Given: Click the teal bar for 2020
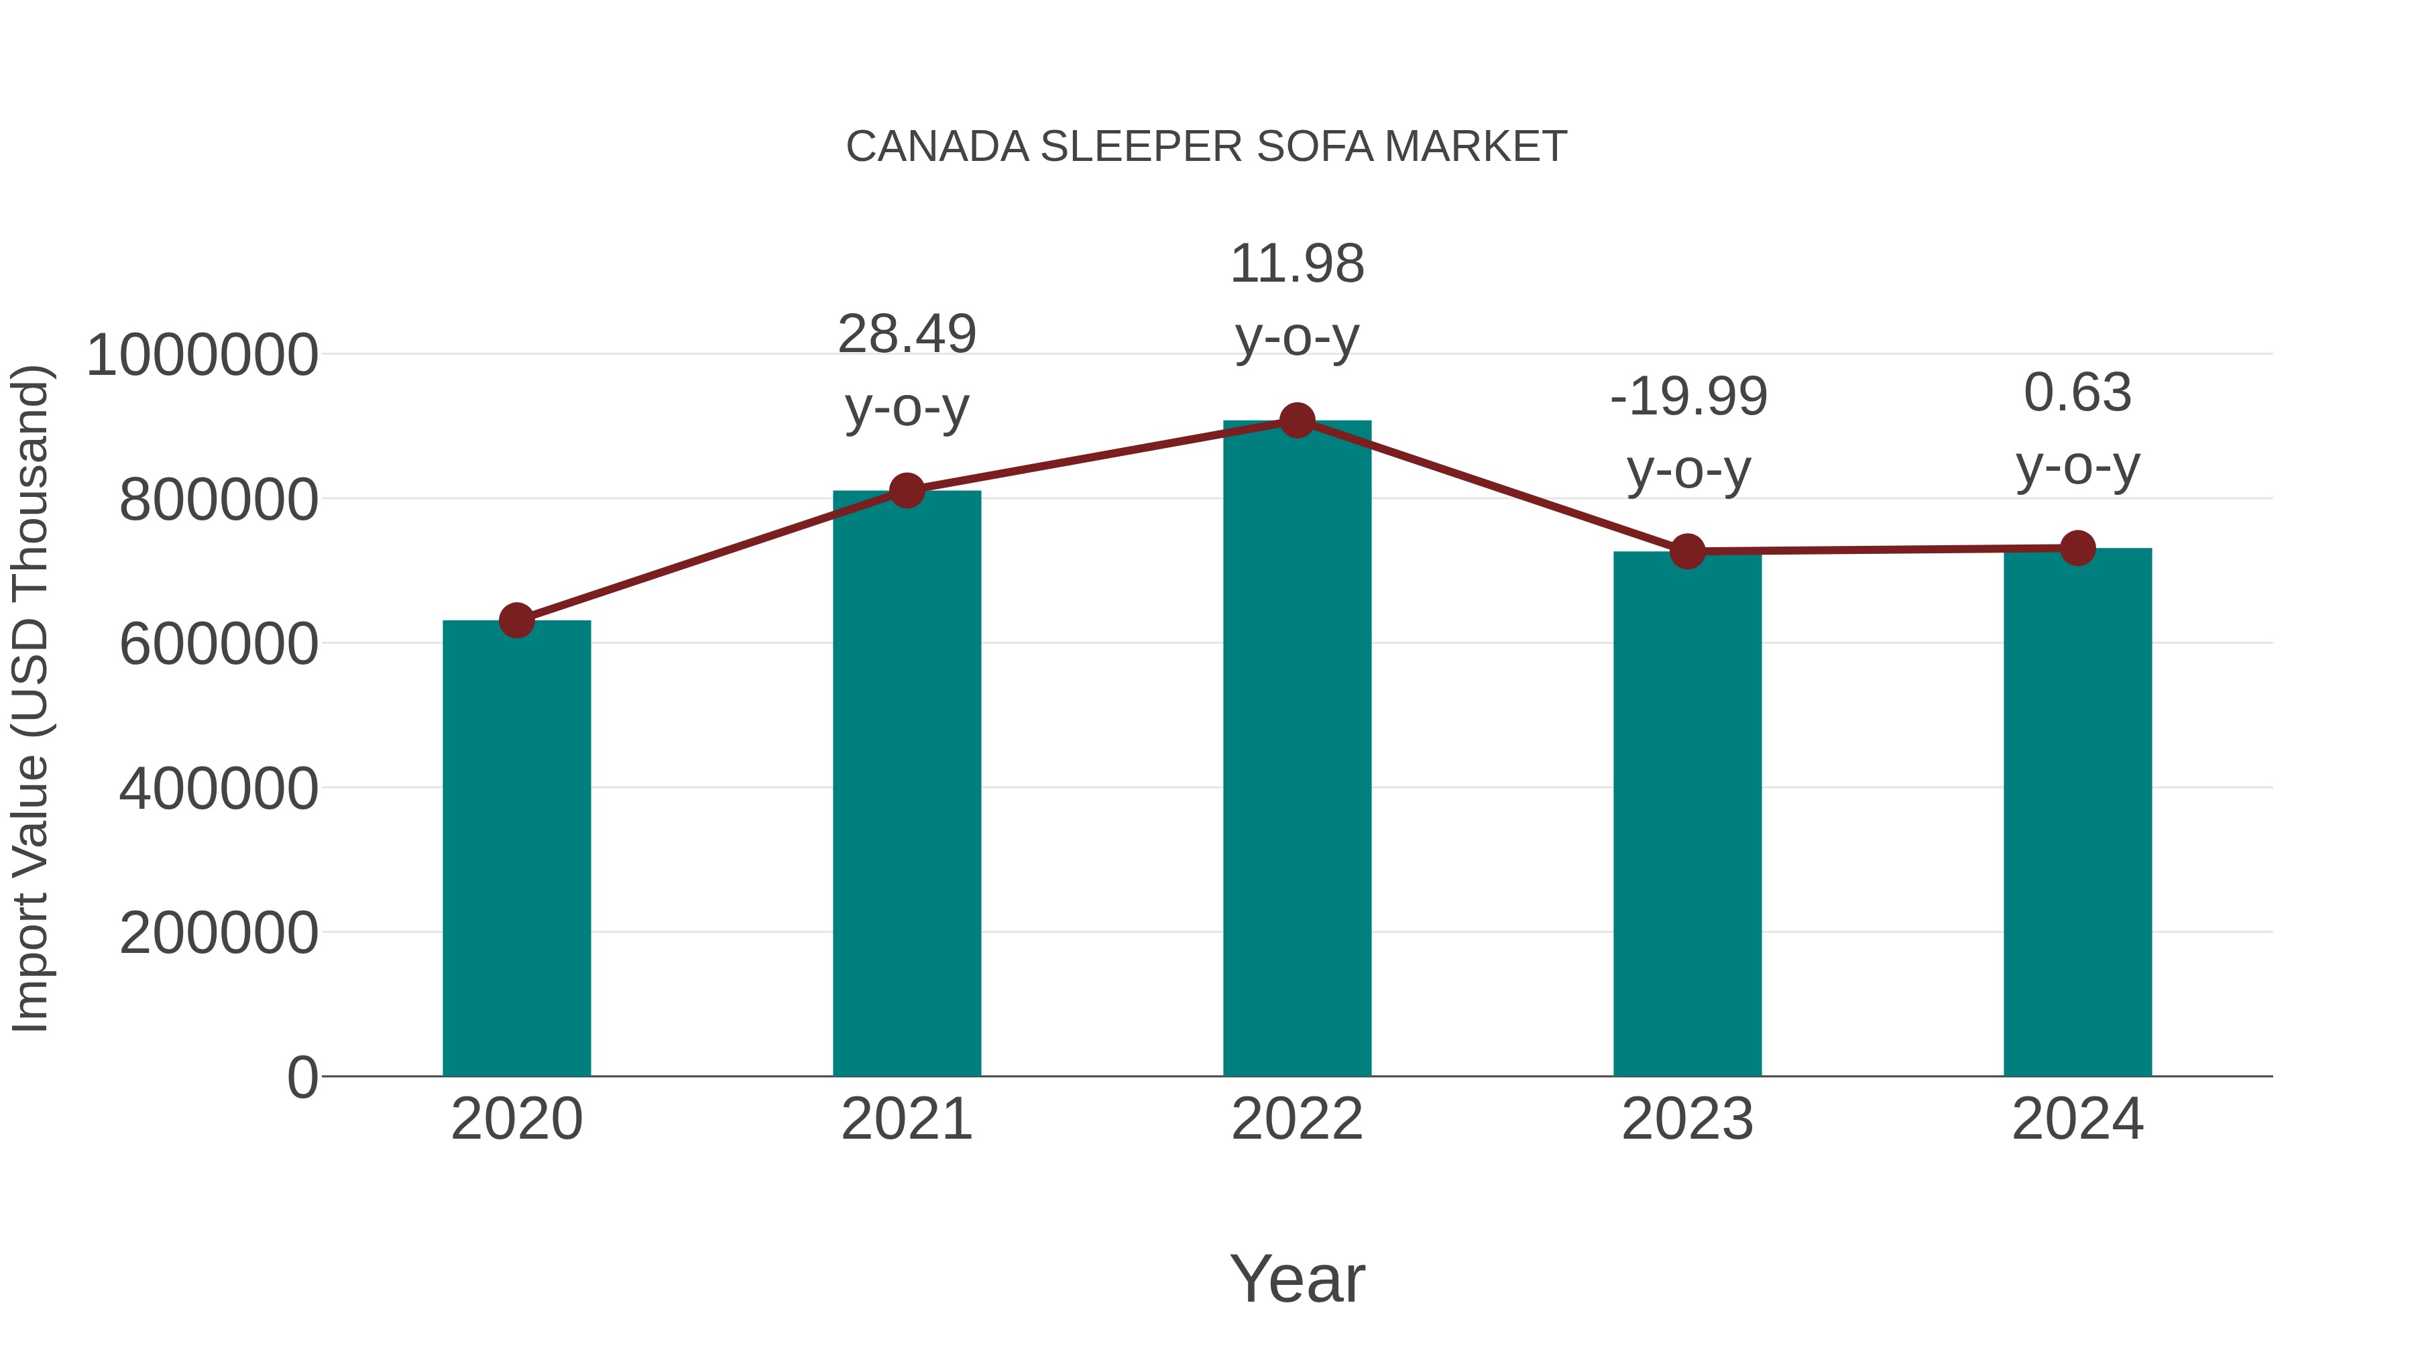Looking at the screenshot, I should pyautogui.click(x=516, y=848).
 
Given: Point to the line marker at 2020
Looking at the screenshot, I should pyautogui.click(x=516, y=620).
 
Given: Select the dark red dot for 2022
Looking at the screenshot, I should pyautogui.click(x=1297, y=420).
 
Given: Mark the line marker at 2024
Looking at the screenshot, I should pyautogui.click(x=2077, y=549).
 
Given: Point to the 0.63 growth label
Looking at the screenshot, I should pyautogui.click(x=2077, y=429).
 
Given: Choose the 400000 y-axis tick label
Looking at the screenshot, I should pyautogui.click(x=219, y=789).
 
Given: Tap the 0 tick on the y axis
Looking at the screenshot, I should pyautogui.click(x=302, y=1078).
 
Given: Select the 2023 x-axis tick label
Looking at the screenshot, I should pyautogui.click(x=1687, y=1120).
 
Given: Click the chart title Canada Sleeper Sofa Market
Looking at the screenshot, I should pyautogui.click(x=1206, y=147).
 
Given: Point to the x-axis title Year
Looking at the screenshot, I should pyautogui.click(x=1297, y=1280).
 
